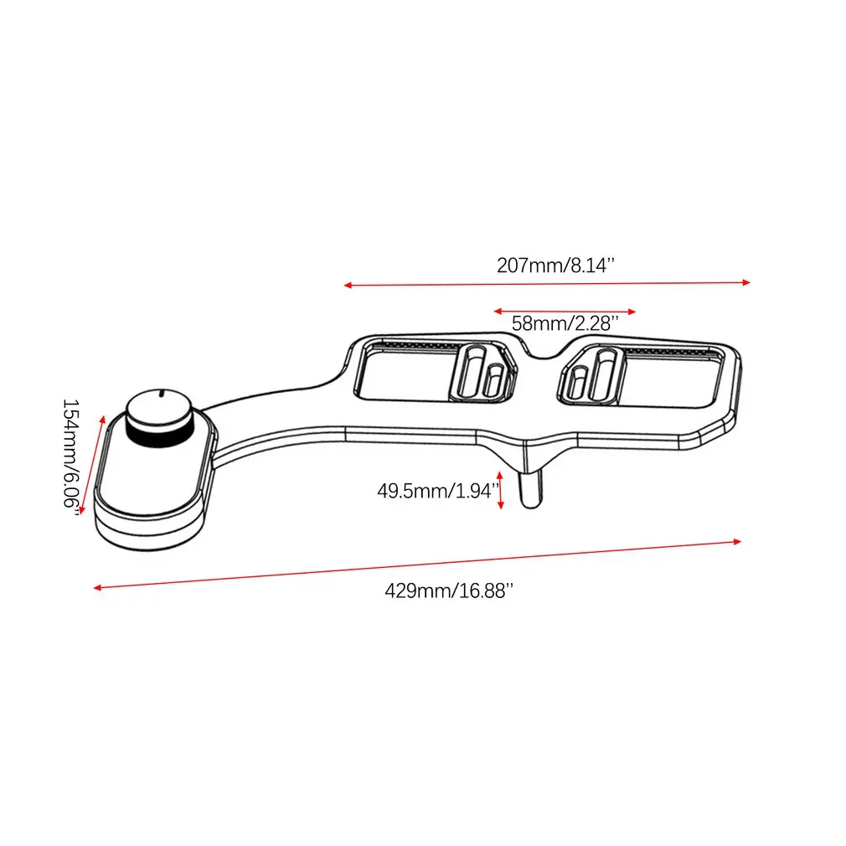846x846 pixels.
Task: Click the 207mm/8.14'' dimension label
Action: tap(556, 266)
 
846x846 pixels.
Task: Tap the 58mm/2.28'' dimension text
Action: tap(565, 322)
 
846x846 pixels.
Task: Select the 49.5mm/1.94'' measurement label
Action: tap(437, 490)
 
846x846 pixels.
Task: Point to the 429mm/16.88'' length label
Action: tap(448, 591)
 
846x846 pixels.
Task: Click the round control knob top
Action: tap(159, 408)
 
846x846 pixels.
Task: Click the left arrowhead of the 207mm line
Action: tap(348, 286)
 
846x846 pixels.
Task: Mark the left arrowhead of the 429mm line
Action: tap(97, 587)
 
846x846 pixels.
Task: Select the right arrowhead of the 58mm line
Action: tap(632, 311)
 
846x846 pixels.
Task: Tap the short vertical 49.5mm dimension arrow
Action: tap(501, 493)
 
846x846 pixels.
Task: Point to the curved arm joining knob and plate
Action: tap(276, 410)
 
